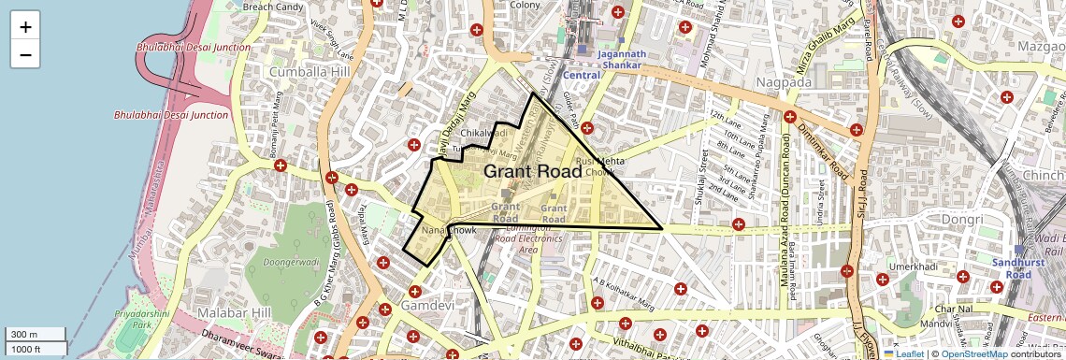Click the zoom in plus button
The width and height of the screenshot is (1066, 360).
coord(25,26)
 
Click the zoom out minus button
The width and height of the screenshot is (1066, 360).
coord(25,54)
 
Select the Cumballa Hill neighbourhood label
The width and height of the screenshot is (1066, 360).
coord(309,72)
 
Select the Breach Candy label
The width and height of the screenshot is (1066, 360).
coord(273,7)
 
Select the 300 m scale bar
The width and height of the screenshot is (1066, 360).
coord(36,334)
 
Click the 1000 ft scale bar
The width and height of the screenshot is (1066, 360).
coord(36,349)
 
